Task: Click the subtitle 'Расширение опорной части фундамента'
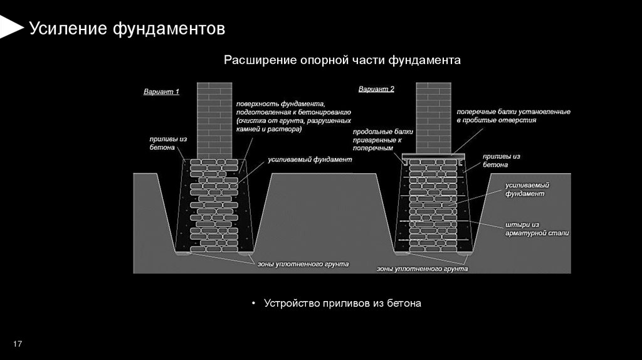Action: [x=342, y=60]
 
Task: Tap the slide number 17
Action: [x=18, y=344]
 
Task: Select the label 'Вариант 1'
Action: [x=161, y=92]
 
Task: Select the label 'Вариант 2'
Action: [x=376, y=89]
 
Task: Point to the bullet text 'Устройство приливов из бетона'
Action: [x=342, y=303]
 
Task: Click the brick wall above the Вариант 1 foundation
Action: [x=215, y=119]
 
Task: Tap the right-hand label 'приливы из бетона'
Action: [x=502, y=160]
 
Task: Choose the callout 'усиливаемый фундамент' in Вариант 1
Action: [x=310, y=160]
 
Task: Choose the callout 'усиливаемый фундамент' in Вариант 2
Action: [x=528, y=190]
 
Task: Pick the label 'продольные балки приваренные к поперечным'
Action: [x=382, y=141]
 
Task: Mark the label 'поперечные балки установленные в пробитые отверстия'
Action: [x=513, y=115]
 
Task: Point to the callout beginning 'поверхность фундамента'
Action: [x=293, y=116]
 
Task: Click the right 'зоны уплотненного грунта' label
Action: [x=422, y=268]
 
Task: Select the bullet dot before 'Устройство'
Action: [x=253, y=304]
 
